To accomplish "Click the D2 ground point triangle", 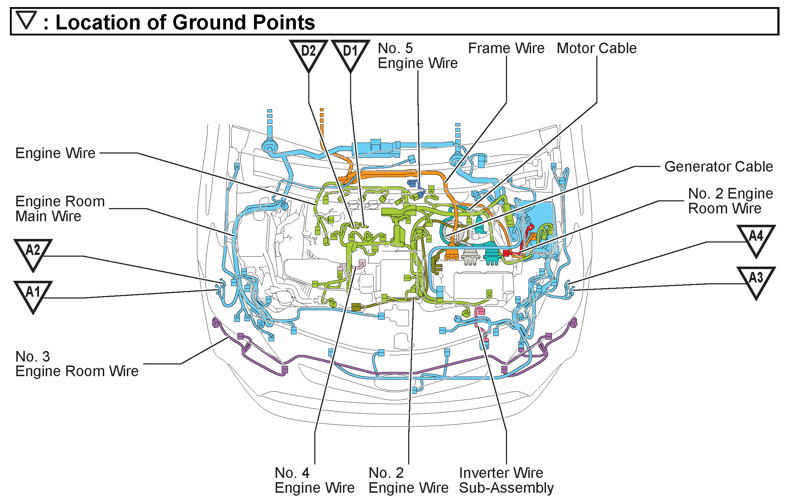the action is pos(308,54).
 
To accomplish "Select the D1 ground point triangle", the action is pos(350,54).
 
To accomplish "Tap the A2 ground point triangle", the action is pos(33,252).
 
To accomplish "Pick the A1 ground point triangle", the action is pos(33,294).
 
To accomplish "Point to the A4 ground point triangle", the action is pos(756,238).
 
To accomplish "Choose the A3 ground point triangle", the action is pos(756,280).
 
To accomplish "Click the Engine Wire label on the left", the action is pos(55,153).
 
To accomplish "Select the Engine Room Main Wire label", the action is pos(60,208).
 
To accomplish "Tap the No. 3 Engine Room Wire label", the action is pos(77,364).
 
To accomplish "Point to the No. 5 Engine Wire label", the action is pos(417,56).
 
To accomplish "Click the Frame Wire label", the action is pos(506,48).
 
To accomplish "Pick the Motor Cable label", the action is pos(596,48).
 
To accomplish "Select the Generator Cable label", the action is pos(718,167).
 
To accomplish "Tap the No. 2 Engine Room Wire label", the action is pos(730,201).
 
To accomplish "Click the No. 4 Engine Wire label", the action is pos(314,480).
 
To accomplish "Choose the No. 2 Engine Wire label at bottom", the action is pos(408,480).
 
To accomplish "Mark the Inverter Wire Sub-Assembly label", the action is pos(506,480).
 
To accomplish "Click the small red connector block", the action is pos(506,253).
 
